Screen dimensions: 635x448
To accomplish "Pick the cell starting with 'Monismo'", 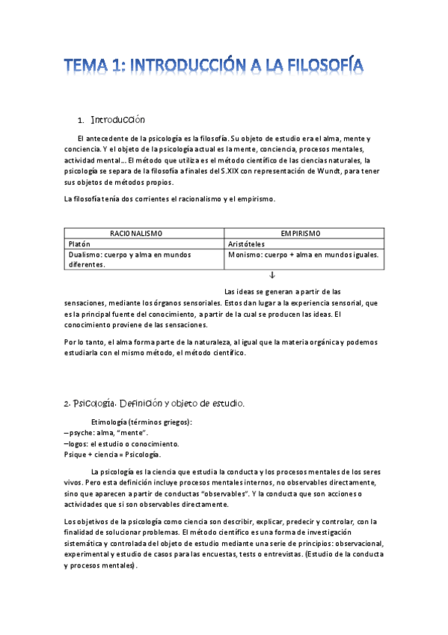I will click(x=303, y=255).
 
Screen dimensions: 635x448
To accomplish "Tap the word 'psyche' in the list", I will click(x=81, y=432).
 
